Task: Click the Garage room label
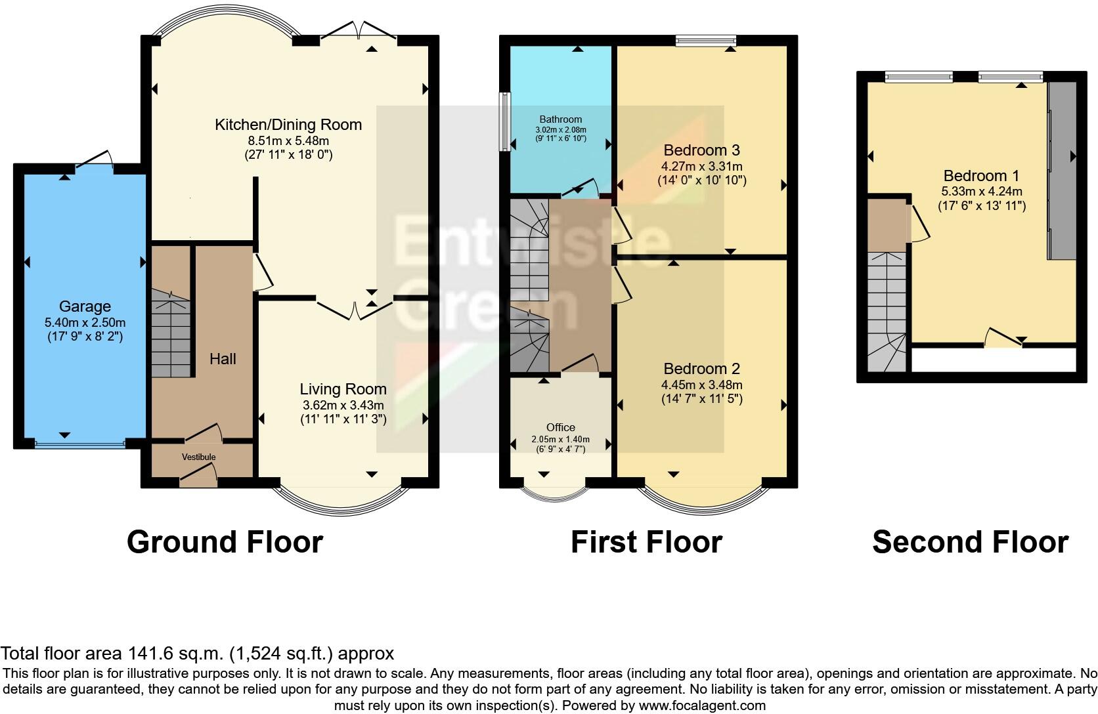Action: tap(85, 306)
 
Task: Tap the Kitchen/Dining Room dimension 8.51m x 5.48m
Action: tap(288, 140)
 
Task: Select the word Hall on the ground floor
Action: tap(223, 359)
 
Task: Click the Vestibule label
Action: tap(199, 457)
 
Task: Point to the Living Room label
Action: tap(343, 389)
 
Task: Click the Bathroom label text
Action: tap(560, 119)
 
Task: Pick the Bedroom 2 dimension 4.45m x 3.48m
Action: tap(702, 385)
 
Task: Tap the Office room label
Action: tap(560, 427)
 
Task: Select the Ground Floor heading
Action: tap(225, 542)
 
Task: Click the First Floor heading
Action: tap(646, 542)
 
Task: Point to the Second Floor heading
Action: tap(970, 542)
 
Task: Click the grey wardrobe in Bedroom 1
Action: tap(1061, 171)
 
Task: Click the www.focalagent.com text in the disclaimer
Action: tap(701, 706)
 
